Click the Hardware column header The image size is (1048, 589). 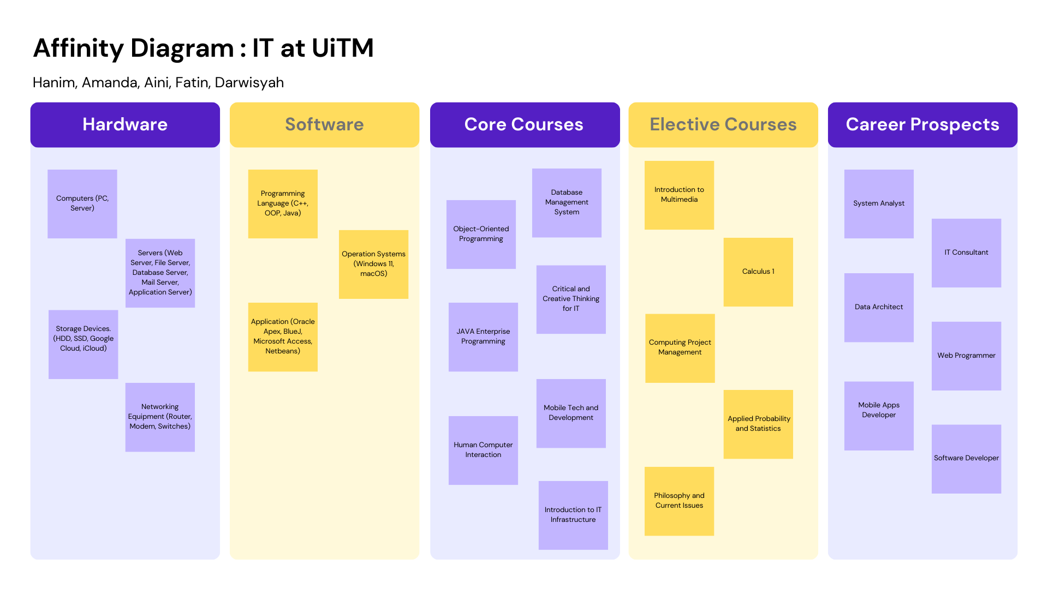pos(125,124)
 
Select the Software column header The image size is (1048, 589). pos(324,124)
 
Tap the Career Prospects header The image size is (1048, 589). pos(922,124)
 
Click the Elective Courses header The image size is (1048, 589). pos(723,124)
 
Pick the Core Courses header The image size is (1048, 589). pos(525,124)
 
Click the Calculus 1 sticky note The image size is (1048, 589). pos(758,272)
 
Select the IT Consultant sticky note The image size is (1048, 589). pos(966,253)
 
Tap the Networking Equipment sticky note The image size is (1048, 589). pos(160,417)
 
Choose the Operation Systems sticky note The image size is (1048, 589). pos(373,265)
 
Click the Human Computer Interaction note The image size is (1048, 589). pos(483,450)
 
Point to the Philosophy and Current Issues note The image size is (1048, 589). pos(679,501)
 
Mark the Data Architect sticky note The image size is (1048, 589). pos(879,308)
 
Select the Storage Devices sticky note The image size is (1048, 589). pos(83,345)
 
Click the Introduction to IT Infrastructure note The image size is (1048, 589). pos(573,515)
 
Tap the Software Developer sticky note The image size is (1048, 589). pos(966,459)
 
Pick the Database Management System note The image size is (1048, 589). pos(567,203)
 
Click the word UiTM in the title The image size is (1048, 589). pos(343,48)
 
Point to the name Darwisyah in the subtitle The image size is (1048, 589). pos(249,83)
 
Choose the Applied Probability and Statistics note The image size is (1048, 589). pos(758,424)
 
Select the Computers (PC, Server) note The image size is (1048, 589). pos(82,204)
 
